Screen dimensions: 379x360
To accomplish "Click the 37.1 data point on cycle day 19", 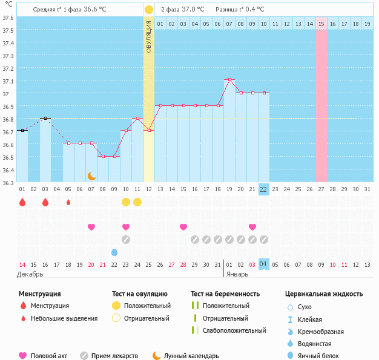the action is pos(229,79).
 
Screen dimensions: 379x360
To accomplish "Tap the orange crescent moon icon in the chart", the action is pos(92,176).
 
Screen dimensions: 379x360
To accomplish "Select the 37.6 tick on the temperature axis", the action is pos(8,18).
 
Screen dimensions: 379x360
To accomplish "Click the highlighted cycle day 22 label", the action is pos(263,189).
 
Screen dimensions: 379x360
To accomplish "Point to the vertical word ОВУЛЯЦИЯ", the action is pos(149,36).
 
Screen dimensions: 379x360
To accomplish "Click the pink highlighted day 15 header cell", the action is pos(321,24).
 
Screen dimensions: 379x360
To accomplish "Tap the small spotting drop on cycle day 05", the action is pos(68,202).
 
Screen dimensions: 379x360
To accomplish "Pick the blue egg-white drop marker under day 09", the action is pos(114,252).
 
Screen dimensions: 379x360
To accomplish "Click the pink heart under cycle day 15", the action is pos(183,227).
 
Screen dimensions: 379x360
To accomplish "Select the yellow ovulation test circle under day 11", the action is pos(137,202).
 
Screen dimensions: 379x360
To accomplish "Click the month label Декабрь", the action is pos(30,274).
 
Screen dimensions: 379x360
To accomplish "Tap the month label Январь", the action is pos(237,274).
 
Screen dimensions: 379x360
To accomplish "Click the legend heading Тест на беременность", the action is pos(225,294).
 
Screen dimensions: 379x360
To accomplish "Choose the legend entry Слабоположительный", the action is pos(234,330).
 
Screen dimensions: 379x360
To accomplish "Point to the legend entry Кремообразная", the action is pos(320,332).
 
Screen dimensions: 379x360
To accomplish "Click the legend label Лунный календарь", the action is pos(191,356).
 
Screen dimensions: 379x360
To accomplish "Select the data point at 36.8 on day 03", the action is pos(45,118).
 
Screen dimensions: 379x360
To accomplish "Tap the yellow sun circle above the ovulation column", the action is pos(149,10).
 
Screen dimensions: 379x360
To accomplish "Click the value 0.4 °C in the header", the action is pos(255,9).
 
